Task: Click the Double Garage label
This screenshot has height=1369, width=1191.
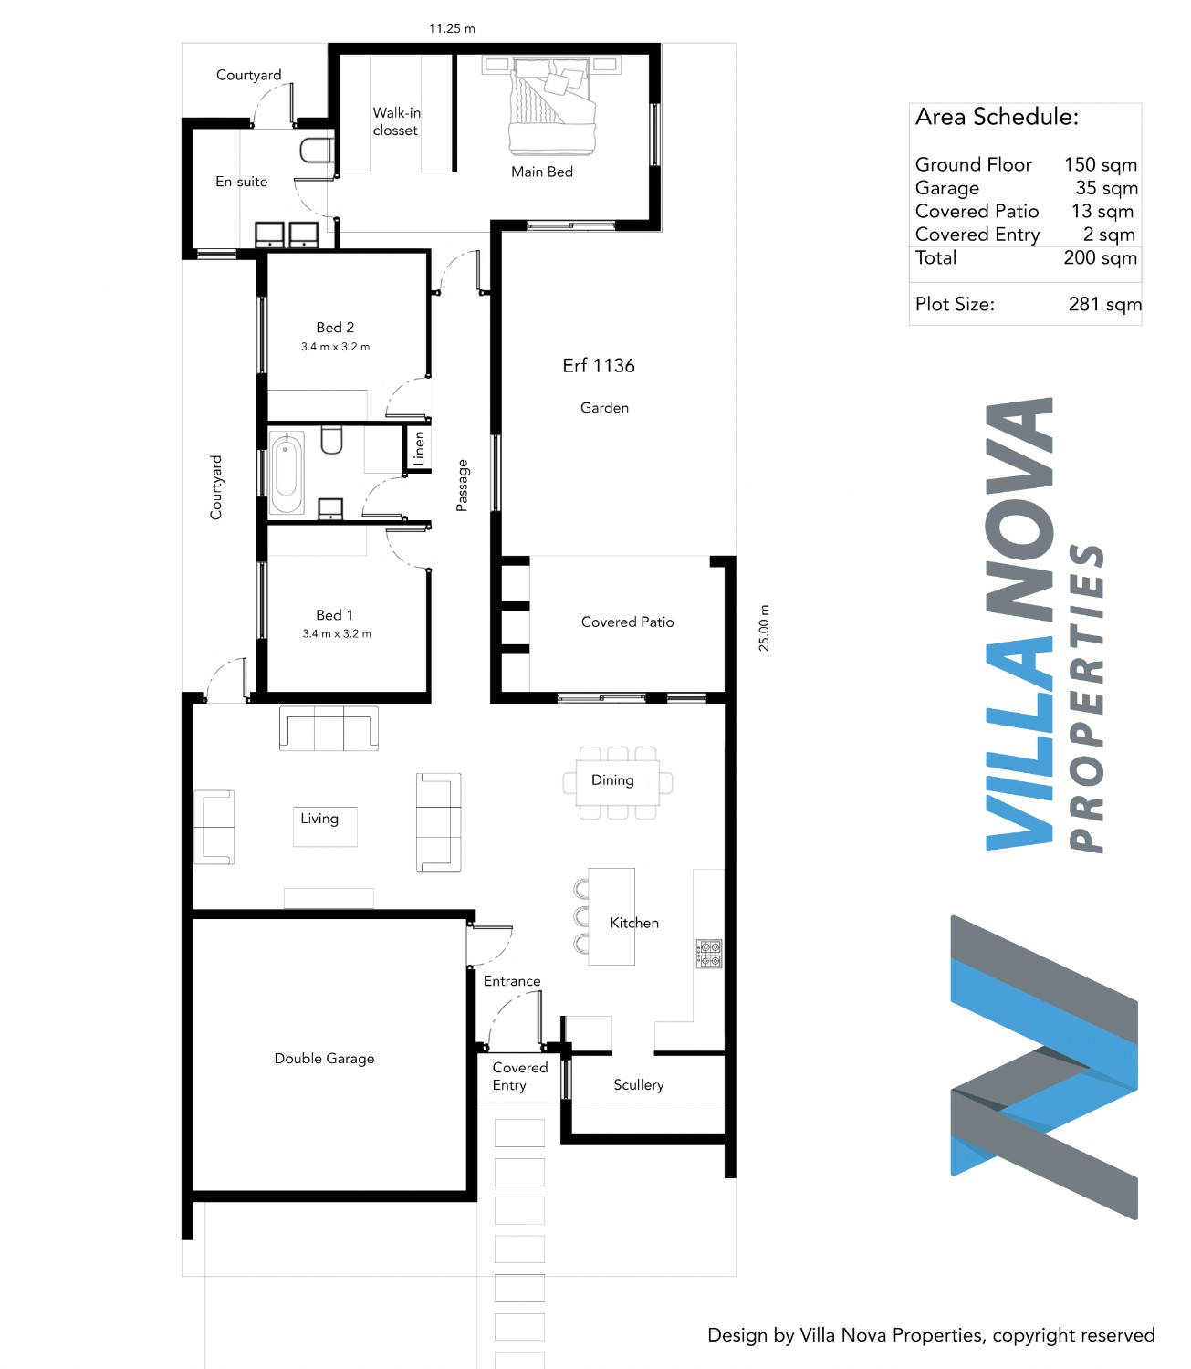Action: (324, 1059)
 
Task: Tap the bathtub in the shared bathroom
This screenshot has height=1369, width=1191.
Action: (287, 473)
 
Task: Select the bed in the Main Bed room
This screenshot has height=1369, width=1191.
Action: (551, 106)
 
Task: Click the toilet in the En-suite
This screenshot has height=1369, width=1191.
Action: (316, 151)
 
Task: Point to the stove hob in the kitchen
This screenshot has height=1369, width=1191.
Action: (709, 954)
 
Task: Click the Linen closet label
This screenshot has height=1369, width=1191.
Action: (419, 447)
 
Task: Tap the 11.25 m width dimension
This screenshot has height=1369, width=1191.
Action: (452, 29)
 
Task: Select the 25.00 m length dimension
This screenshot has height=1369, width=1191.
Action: (764, 628)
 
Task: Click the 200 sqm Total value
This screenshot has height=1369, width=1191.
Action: (1100, 257)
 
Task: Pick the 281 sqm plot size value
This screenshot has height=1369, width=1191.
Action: (1104, 305)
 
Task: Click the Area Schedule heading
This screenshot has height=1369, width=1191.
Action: (997, 117)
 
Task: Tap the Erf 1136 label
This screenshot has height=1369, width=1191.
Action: (598, 365)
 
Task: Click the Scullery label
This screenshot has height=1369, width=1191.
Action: (638, 1084)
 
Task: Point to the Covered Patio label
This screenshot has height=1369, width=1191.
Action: (627, 622)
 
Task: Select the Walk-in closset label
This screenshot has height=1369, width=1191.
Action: (396, 121)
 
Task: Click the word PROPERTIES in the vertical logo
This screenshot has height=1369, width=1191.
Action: (1085, 698)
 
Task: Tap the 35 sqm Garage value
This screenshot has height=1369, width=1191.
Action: (1106, 188)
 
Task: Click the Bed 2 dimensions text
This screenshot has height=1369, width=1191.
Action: (335, 347)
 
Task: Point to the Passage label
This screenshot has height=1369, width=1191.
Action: (462, 486)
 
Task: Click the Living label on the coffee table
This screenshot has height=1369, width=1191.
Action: (319, 819)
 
